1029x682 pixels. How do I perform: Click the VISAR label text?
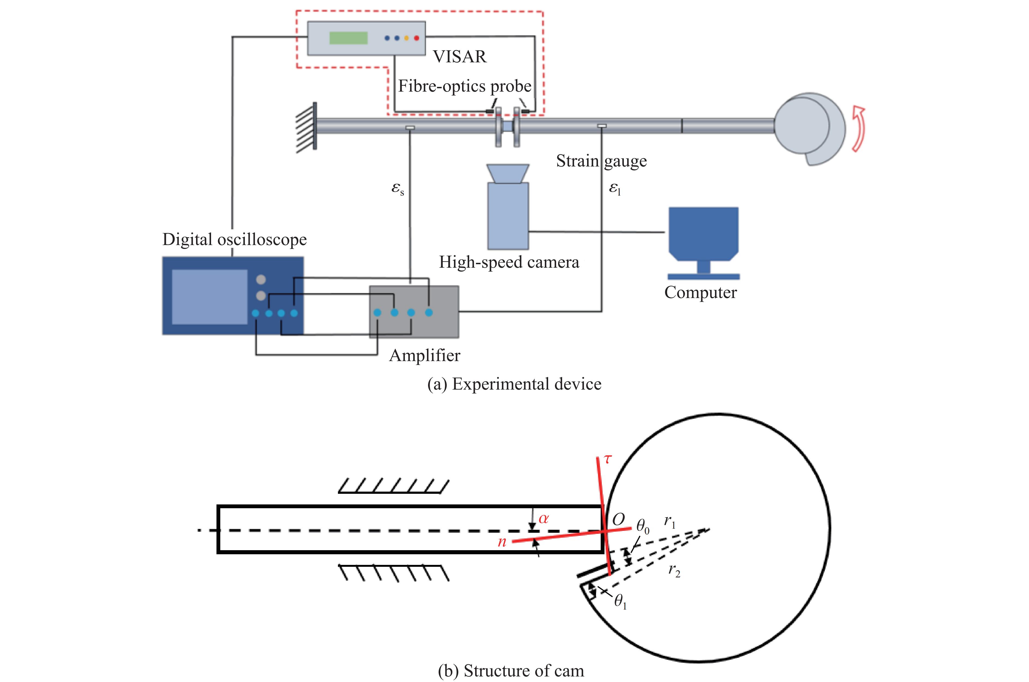(x=460, y=57)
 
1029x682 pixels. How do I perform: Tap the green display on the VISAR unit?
(x=348, y=38)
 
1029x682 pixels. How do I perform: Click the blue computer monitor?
(x=703, y=233)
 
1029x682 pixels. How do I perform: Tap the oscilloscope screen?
(x=210, y=297)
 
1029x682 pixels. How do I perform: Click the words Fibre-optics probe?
(x=464, y=86)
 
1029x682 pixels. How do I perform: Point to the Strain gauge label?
(x=601, y=161)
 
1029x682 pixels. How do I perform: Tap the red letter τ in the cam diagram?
(x=607, y=459)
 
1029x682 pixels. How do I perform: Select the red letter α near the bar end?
(x=543, y=519)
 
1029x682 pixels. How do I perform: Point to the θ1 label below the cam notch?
(x=620, y=602)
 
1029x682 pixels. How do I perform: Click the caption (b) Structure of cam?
(x=511, y=670)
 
